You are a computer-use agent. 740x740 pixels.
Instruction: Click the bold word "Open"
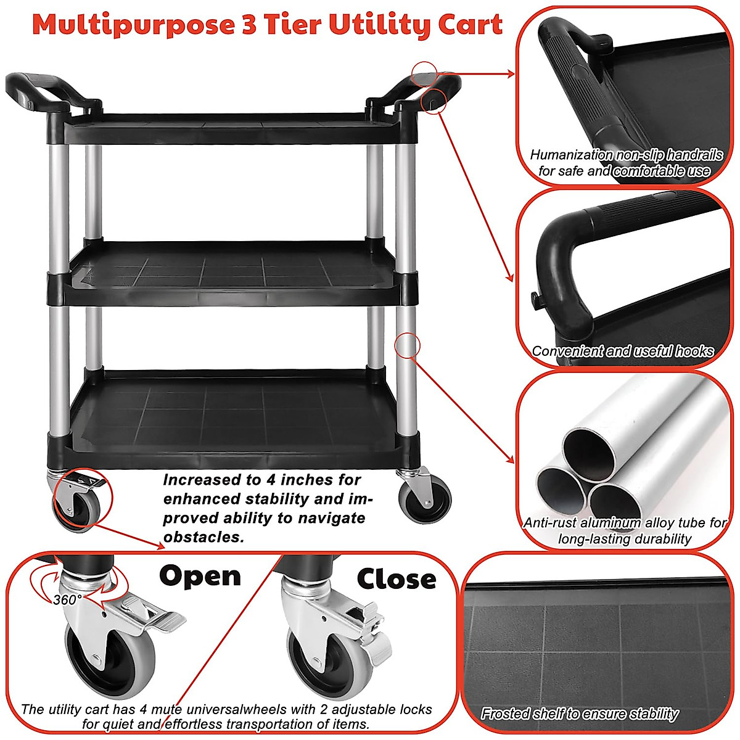200,576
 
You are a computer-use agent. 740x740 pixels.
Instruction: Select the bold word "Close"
396,579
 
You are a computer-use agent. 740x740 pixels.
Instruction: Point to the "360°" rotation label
67,600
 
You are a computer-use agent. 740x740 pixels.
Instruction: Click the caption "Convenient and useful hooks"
622,351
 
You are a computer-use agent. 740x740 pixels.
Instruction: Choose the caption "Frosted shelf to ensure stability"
579,714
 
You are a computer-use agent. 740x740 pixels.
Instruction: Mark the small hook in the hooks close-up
535,300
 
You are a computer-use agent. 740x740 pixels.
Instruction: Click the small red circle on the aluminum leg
407,345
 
